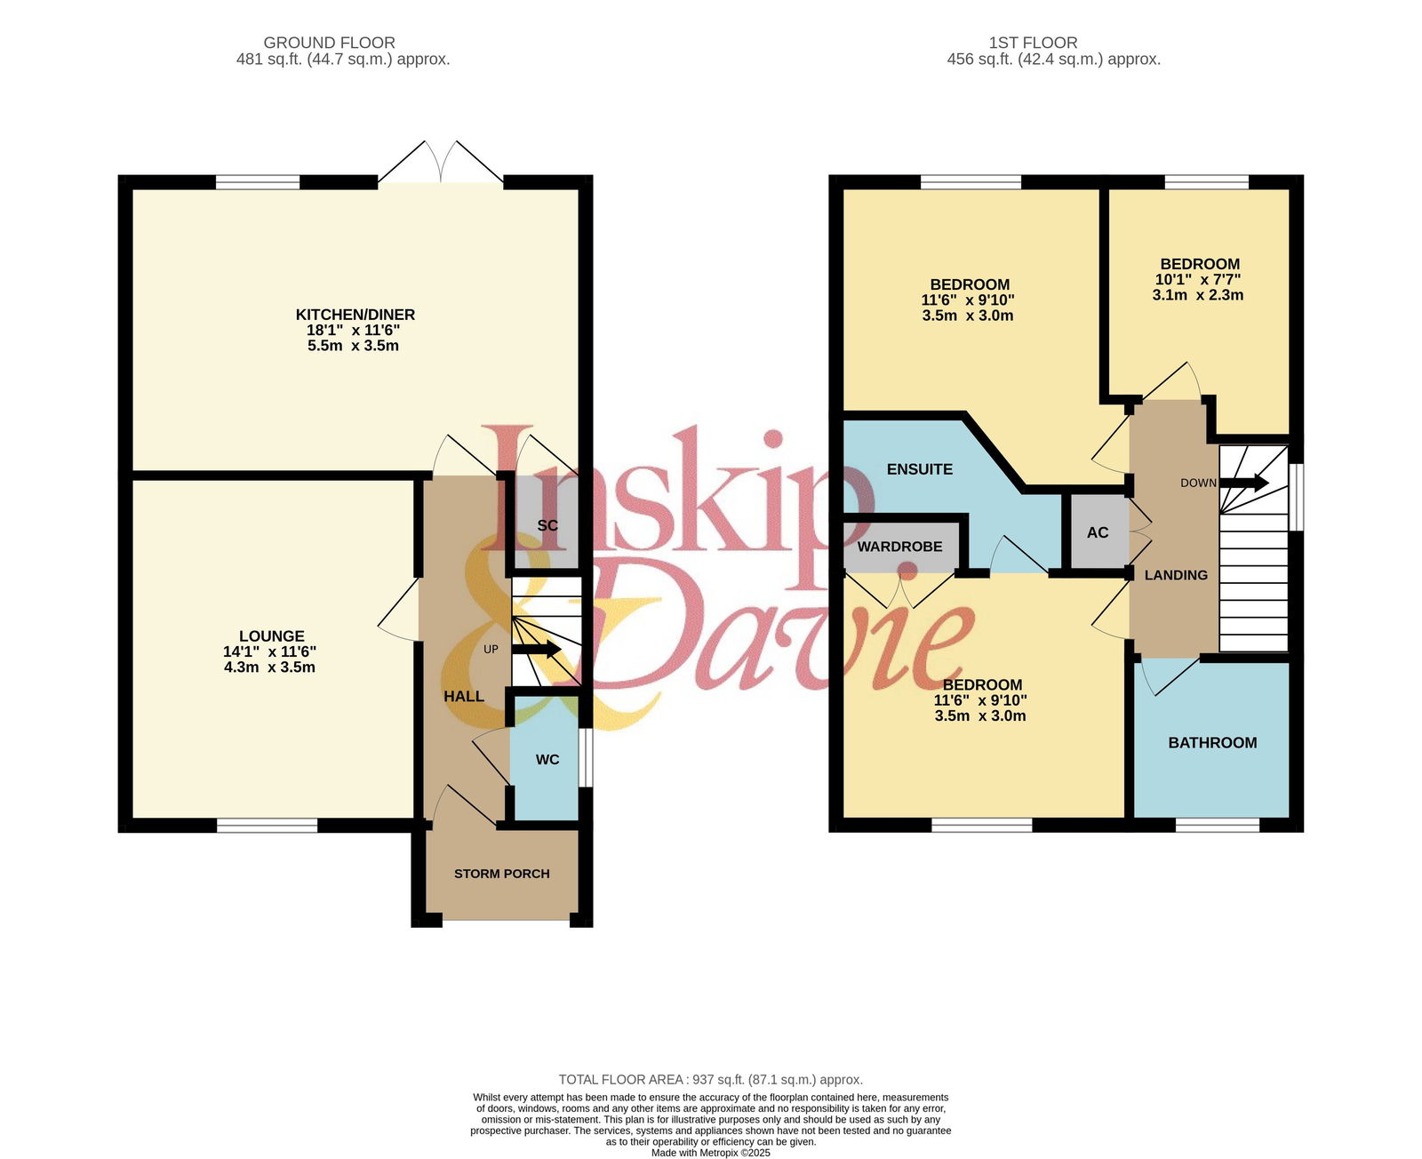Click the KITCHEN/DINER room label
pos(355,315)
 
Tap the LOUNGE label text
pos(272,636)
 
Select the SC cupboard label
pos(547,525)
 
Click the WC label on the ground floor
pos(547,759)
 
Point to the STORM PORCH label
pos(502,874)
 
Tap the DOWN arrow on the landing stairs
pos(1244,483)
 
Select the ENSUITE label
pos(919,469)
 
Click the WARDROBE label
pos(900,547)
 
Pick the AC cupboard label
pos(1098,532)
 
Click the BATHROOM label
pos(1212,742)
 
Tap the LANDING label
pos(1176,575)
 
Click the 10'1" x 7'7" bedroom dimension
pos(1198,280)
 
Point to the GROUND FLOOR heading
pos(329,43)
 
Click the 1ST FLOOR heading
pos(1033,43)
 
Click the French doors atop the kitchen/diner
pos(441,163)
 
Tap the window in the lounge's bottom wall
pos(267,826)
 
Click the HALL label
pos(464,696)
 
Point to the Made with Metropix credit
pos(710,1153)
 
